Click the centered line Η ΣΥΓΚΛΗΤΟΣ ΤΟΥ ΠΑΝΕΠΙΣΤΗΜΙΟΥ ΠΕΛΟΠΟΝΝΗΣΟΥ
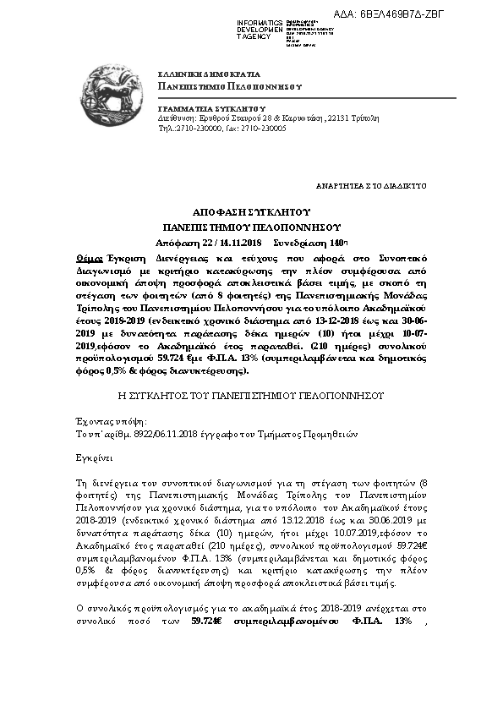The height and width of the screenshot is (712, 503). (251, 395)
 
